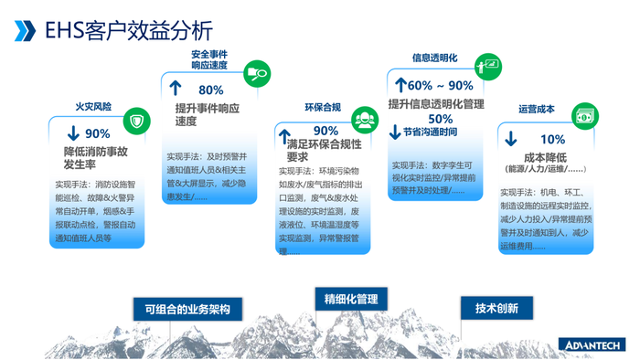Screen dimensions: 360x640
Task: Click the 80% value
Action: point(210,90)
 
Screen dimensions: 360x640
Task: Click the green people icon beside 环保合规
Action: point(363,119)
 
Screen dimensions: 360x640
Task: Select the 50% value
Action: point(441,118)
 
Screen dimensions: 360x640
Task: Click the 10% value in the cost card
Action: point(552,140)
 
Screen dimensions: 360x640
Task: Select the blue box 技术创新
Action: point(496,308)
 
